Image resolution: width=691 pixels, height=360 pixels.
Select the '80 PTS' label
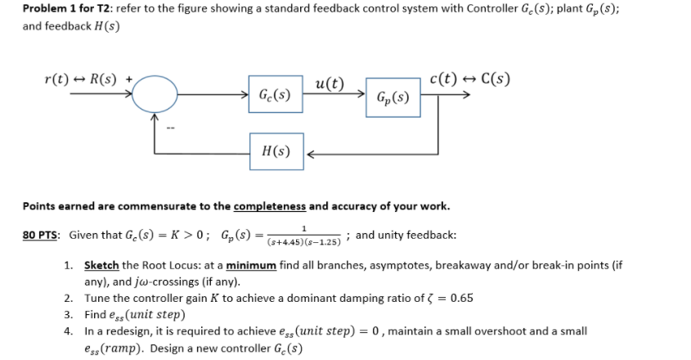[43, 236]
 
